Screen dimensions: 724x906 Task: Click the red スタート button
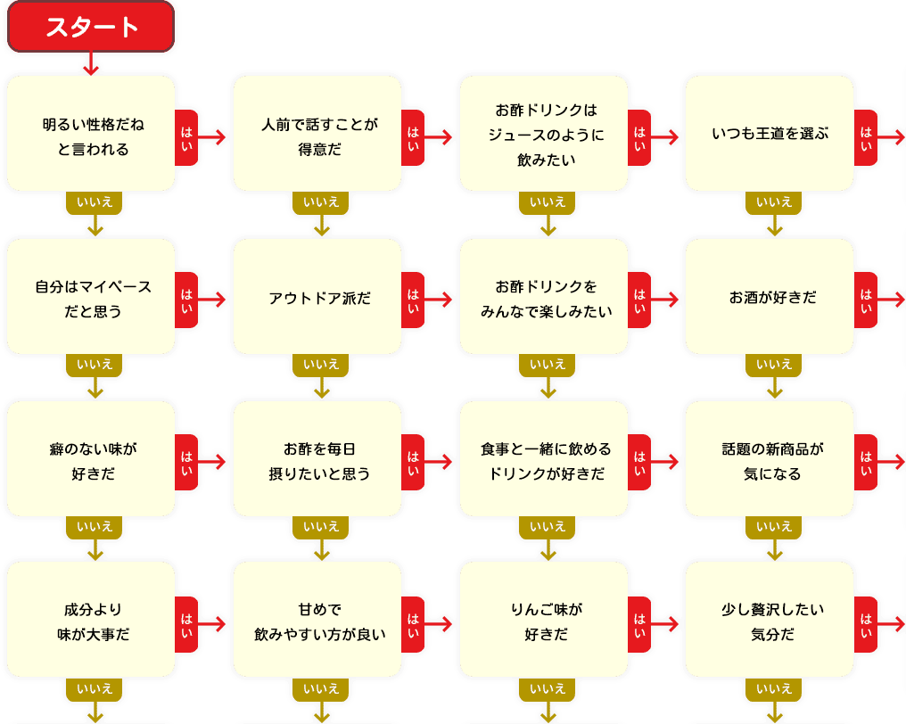[x=91, y=27]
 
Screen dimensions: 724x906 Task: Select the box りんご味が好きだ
[x=545, y=621]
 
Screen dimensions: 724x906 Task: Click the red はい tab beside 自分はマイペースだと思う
[x=187, y=298]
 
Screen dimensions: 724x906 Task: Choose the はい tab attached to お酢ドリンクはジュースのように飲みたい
[x=640, y=136]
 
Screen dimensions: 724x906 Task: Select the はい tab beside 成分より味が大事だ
[x=187, y=621]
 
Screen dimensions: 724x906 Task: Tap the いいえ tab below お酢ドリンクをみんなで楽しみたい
[x=547, y=364]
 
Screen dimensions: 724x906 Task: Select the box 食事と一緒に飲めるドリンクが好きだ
[x=545, y=459]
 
